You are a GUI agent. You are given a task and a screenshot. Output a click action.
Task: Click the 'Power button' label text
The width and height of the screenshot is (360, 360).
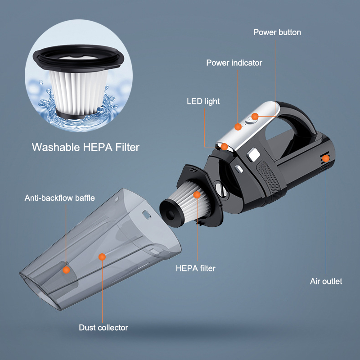pyautogui.click(x=277, y=32)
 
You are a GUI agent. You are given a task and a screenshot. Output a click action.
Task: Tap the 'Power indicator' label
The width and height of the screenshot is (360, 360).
pyautogui.click(x=234, y=63)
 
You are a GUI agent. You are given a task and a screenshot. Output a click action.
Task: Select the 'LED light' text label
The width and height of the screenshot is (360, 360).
pyautogui.click(x=203, y=101)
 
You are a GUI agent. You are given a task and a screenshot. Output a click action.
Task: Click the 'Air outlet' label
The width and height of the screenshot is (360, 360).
pyautogui.click(x=326, y=282)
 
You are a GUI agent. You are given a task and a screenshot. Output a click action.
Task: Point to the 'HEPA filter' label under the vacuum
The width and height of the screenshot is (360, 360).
pyautogui.click(x=196, y=269)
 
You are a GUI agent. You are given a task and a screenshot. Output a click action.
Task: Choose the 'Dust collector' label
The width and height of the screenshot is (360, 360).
pyautogui.click(x=103, y=328)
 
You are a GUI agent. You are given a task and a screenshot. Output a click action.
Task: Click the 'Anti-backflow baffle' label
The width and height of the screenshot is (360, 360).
pyautogui.click(x=59, y=198)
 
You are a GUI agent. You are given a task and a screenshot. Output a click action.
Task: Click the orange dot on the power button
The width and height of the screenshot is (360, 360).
pyautogui.click(x=254, y=117)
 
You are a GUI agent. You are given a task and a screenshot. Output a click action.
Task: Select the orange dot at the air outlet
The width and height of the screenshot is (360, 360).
pyautogui.click(x=325, y=158)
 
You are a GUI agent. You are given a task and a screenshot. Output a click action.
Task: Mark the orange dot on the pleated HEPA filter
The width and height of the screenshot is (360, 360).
pyautogui.click(x=197, y=195)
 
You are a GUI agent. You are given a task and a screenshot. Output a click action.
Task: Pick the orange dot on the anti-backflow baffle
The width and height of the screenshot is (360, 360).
pyautogui.click(x=67, y=270)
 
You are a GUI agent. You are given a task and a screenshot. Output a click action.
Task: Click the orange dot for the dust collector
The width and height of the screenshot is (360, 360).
pyautogui.click(x=102, y=256)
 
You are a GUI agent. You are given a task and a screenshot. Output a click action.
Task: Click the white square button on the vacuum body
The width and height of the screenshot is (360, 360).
pyautogui.click(x=252, y=155)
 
